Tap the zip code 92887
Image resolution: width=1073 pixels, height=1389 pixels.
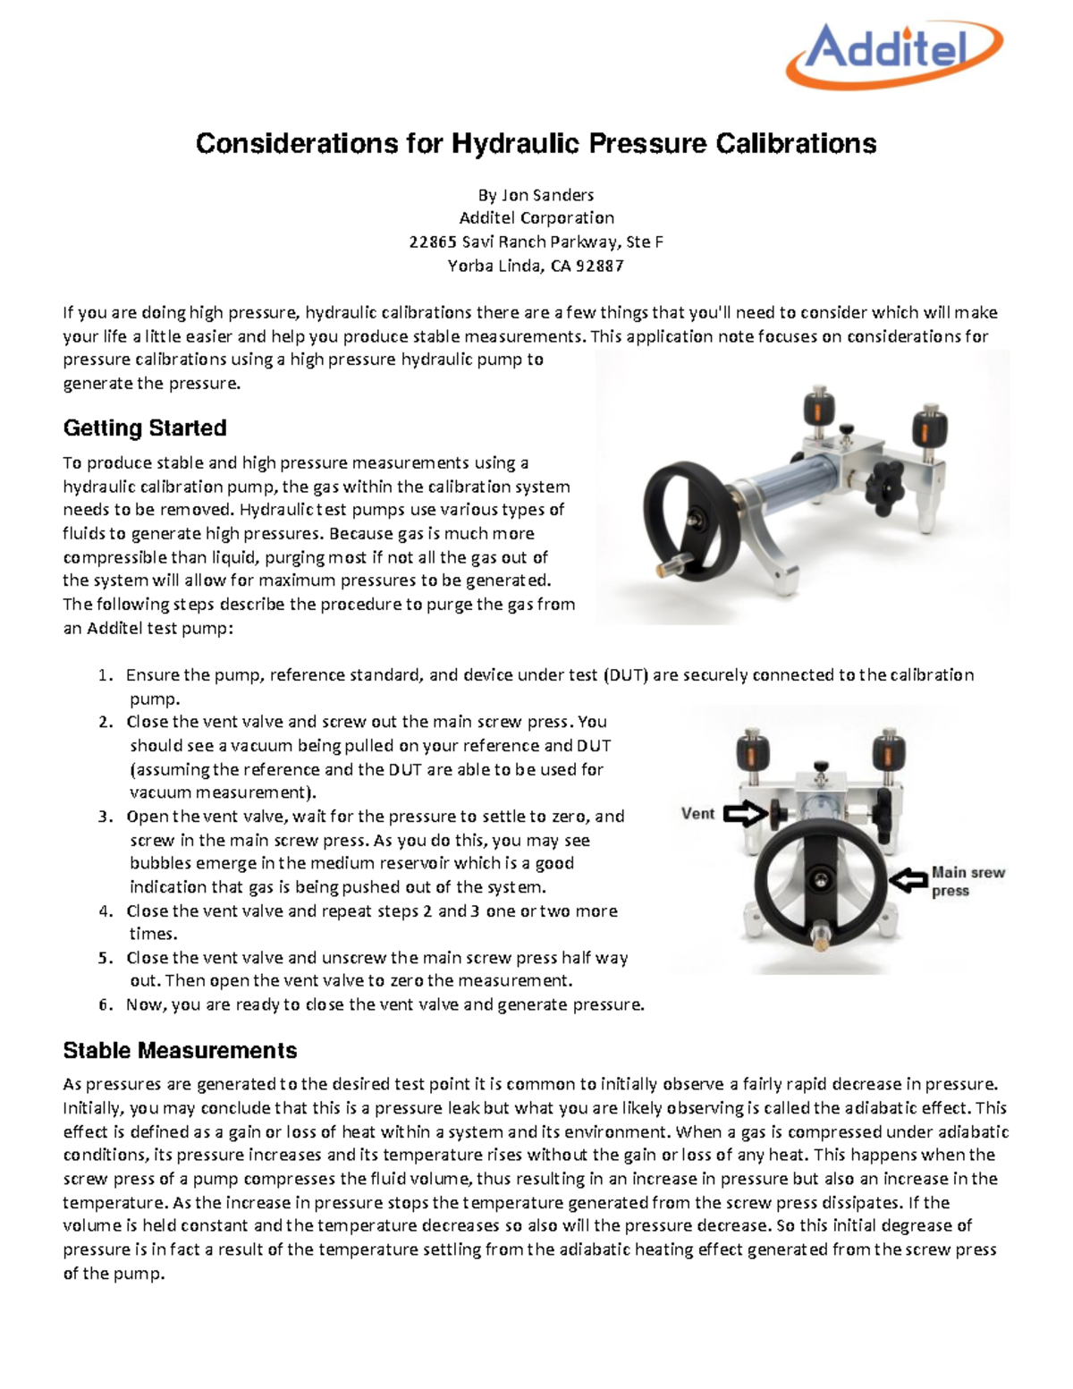(x=600, y=266)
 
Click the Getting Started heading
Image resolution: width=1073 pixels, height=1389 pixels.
(x=144, y=428)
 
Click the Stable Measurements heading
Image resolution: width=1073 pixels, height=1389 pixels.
(x=180, y=1050)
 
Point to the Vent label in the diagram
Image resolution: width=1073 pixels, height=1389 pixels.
(x=697, y=813)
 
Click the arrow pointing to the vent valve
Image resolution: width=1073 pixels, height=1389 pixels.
(x=744, y=813)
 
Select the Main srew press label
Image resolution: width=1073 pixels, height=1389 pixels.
(x=967, y=881)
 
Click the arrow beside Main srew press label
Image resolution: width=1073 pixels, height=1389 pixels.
(x=908, y=880)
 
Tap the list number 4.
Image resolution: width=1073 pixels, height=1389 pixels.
(x=106, y=911)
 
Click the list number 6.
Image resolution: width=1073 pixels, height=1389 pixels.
(x=106, y=1004)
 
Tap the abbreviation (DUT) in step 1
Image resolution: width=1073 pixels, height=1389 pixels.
(x=625, y=675)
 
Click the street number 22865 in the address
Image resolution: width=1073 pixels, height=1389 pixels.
(x=433, y=241)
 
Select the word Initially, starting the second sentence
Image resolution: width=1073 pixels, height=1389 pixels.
(x=94, y=1107)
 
